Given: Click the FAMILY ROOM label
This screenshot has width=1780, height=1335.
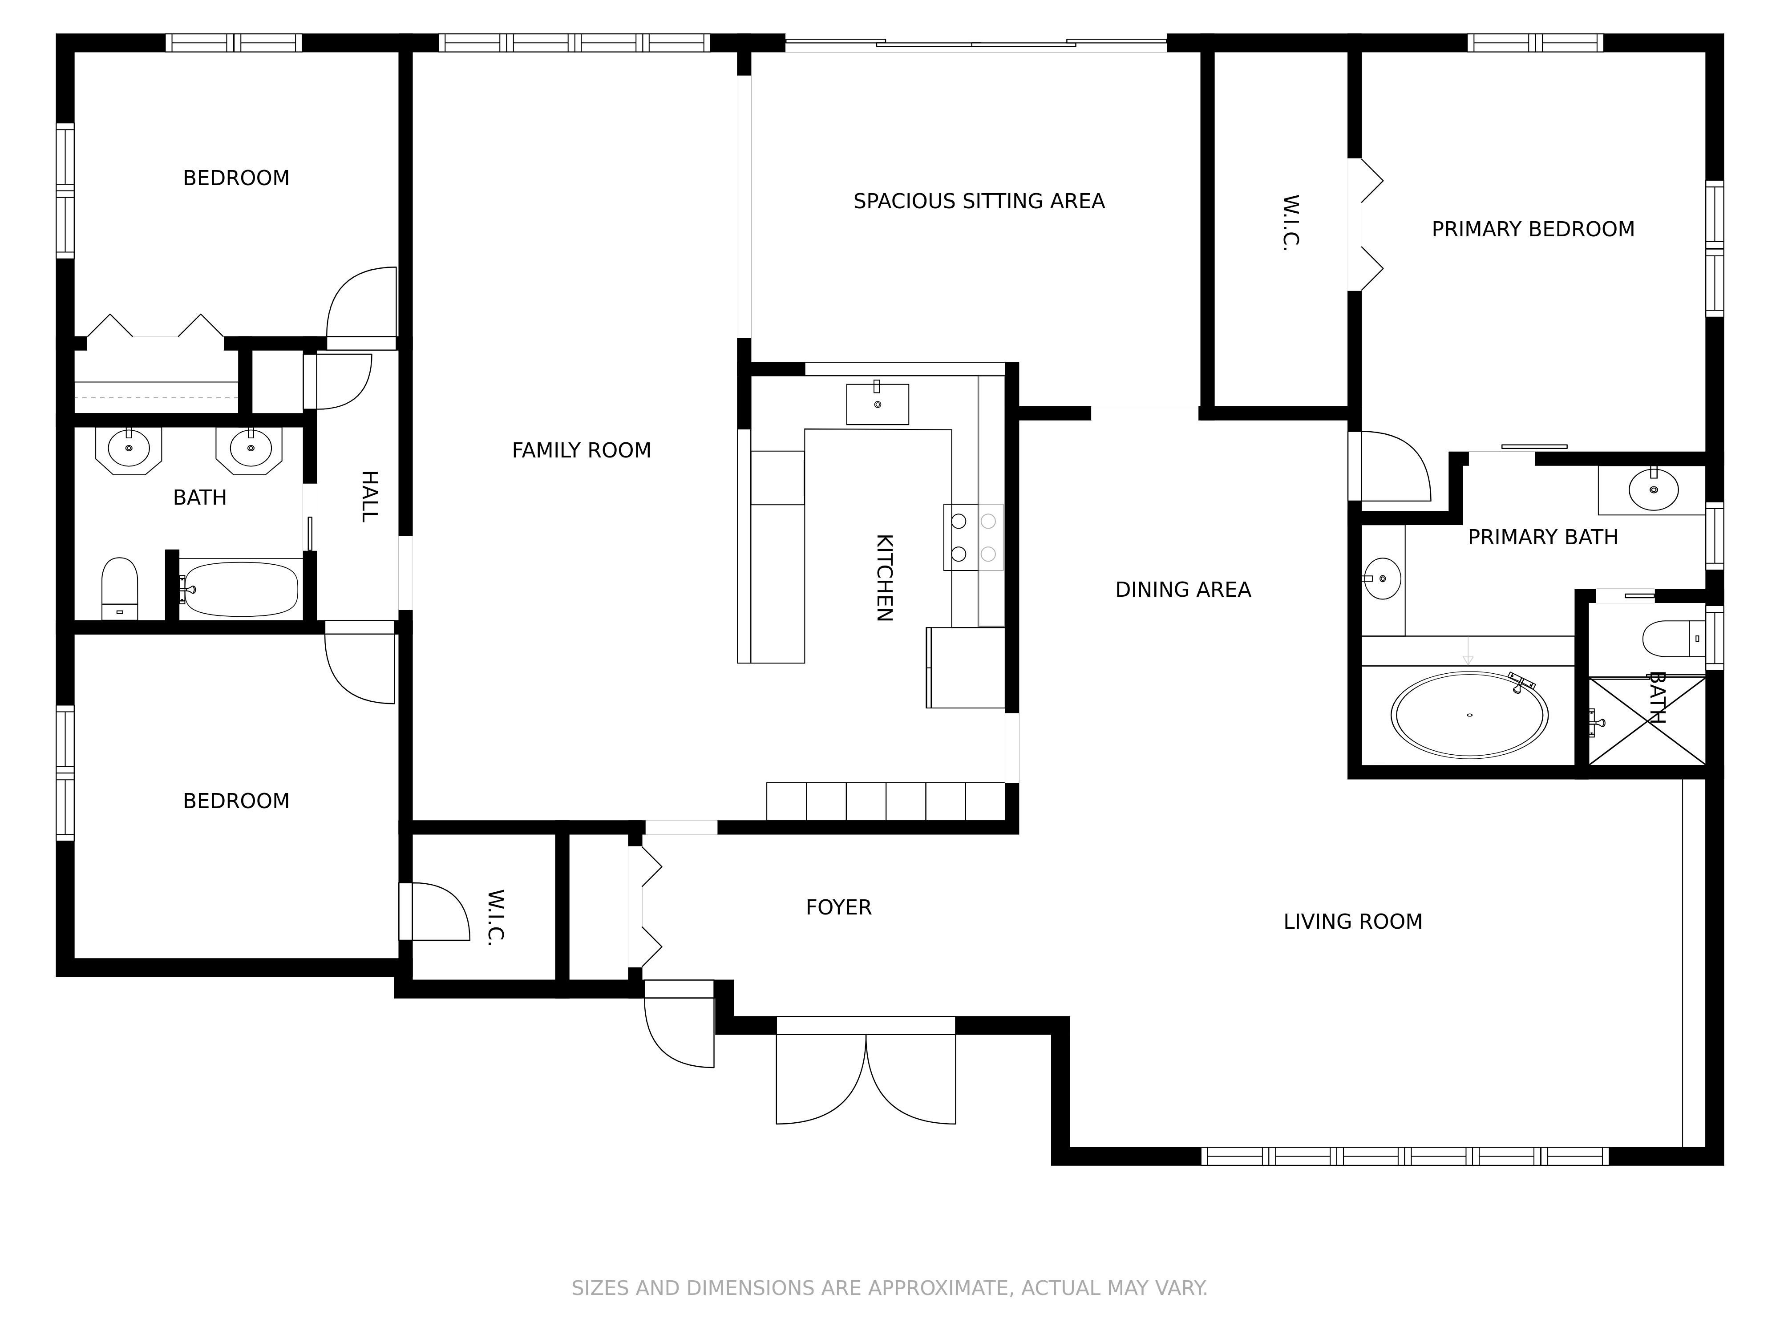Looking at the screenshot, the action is pos(581,451).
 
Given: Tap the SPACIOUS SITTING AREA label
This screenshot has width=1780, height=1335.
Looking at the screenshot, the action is pos(979,201).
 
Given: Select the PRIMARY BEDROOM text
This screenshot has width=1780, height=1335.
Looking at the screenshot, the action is pos(1532,229).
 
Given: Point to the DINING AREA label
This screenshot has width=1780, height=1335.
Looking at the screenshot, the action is pos(1183,590).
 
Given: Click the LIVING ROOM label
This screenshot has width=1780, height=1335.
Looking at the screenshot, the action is pos(1353,922).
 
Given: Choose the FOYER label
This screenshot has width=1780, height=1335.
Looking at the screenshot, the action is pos(838,908).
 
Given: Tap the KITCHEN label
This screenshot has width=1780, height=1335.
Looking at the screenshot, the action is pos(884,578).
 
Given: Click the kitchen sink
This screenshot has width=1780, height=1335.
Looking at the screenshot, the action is pos(877,403).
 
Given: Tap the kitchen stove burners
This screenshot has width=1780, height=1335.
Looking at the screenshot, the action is pos(974,538).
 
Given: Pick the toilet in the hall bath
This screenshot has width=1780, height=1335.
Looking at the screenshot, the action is pos(120,588).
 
